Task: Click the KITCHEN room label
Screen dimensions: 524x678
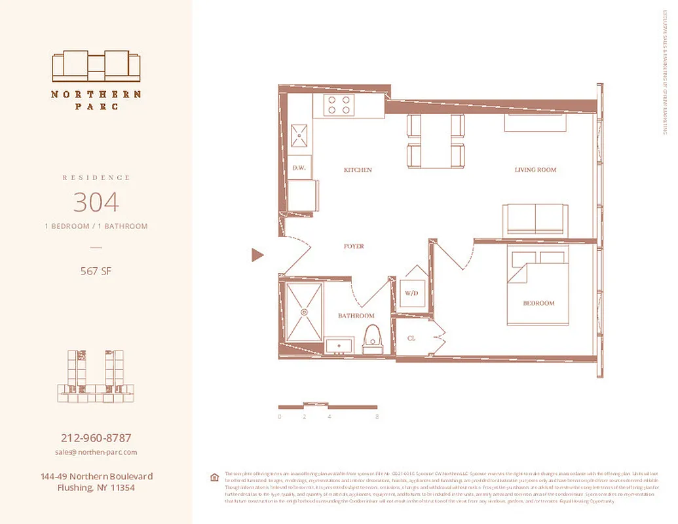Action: coord(358,170)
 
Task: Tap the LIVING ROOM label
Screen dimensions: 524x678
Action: coord(535,170)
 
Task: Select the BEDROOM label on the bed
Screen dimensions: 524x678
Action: coord(538,303)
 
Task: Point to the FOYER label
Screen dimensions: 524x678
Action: coord(354,247)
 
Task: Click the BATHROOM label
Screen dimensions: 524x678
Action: coord(356,316)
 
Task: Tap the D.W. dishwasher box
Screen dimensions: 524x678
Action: coord(299,168)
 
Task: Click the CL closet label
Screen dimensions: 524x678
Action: coord(411,339)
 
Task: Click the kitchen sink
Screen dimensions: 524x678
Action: coord(299,136)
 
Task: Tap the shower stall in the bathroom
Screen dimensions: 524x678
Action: coord(305,312)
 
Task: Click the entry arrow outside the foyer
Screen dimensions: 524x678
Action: coord(257,255)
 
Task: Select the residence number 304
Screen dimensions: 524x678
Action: coord(96,202)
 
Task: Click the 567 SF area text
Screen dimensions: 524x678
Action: coord(96,271)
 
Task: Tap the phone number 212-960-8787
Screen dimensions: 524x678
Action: coord(96,438)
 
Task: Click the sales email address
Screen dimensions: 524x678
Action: coord(96,453)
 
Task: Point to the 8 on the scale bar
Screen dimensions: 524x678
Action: coord(377,417)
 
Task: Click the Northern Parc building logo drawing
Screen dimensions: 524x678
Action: coord(96,66)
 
